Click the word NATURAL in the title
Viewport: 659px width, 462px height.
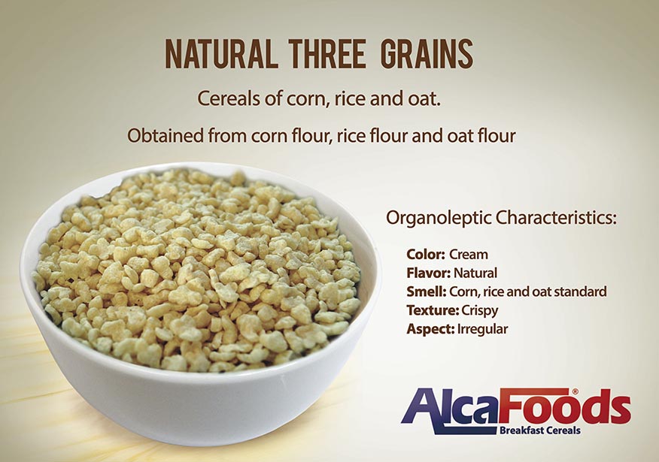point(221,54)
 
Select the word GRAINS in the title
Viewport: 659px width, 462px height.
point(427,54)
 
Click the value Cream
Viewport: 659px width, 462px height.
point(469,255)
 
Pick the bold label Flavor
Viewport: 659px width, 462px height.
point(428,273)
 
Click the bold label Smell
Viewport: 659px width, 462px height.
point(426,291)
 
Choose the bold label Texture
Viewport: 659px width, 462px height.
point(433,310)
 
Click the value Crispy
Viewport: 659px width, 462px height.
point(479,311)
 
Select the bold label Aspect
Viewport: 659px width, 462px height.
point(430,330)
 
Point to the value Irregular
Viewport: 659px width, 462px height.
point(482,330)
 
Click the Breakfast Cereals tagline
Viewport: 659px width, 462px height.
point(540,430)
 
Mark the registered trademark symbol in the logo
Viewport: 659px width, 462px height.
point(575,391)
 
